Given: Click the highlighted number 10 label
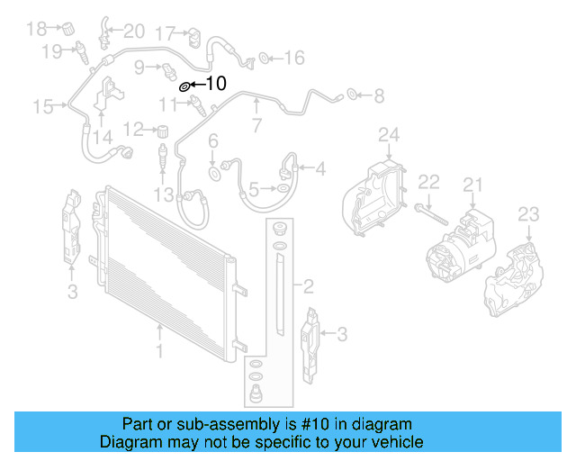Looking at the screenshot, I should (217, 85).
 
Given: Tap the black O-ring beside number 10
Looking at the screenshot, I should (184, 86).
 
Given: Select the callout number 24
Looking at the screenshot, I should (388, 136).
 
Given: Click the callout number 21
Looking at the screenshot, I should (473, 185).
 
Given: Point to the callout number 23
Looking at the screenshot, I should (528, 213).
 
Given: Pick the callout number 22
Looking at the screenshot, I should (429, 182).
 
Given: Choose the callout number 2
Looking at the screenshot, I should (308, 287).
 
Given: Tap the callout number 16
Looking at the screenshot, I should (294, 59).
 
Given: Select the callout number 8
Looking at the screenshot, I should (378, 94).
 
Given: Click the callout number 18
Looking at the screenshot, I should (36, 29).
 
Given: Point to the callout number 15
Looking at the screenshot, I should (43, 107).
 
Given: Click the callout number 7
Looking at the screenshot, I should (256, 125).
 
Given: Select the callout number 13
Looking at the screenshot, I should (163, 195).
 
